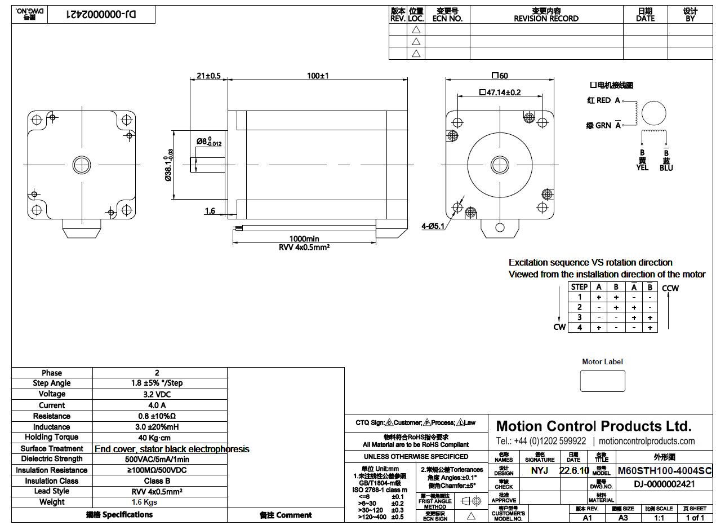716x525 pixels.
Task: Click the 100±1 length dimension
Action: coord(318,76)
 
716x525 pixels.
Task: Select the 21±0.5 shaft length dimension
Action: coord(208,76)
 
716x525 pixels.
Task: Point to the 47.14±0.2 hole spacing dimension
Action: coord(500,92)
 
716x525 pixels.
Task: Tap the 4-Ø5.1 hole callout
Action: coord(433,227)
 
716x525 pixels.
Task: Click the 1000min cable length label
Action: coord(304,239)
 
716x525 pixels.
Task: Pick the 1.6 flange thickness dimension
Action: coord(210,211)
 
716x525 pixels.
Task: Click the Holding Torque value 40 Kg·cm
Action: coord(157,438)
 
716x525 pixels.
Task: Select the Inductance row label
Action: coord(52,427)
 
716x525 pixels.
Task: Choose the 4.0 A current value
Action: coord(157,405)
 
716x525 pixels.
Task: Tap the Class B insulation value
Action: coord(157,481)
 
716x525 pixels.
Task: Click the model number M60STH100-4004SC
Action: coord(665,471)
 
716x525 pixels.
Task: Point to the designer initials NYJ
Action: coord(540,470)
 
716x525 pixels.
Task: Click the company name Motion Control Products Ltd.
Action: coord(594,426)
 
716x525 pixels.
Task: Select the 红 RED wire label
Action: coord(599,100)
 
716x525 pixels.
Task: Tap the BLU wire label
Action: coord(666,167)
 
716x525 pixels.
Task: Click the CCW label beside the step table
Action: coord(670,288)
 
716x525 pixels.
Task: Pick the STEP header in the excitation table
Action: coord(579,286)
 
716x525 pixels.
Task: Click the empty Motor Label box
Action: coord(602,381)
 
